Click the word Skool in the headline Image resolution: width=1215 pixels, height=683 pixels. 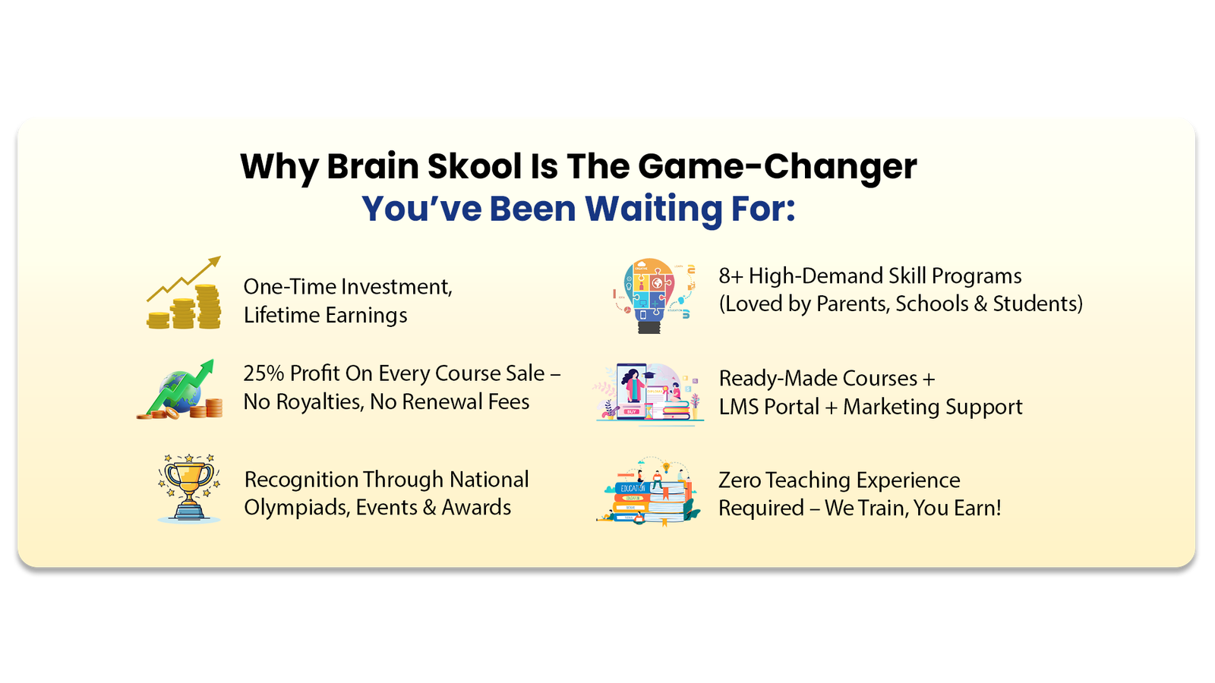point(475,166)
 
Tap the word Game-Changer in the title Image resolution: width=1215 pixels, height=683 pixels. point(778,168)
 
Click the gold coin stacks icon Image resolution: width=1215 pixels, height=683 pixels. point(184,292)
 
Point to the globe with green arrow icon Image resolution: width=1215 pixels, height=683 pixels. point(179,389)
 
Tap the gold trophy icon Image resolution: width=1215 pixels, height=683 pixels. point(189,488)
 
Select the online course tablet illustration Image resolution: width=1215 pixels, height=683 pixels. point(649,394)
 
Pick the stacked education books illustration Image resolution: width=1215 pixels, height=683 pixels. point(649,492)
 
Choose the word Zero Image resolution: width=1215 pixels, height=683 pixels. point(739,481)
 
